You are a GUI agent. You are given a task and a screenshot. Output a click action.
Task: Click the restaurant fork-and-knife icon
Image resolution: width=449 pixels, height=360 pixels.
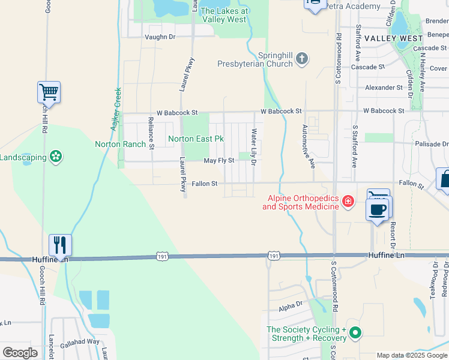point(60,245)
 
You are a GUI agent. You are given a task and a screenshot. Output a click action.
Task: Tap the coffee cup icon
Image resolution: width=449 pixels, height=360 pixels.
point(377,209)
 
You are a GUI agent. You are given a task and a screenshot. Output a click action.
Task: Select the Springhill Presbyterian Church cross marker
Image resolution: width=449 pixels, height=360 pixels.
point(302,59)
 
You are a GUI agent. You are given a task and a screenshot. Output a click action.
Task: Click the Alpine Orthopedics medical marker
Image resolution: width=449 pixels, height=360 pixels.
point(348,200)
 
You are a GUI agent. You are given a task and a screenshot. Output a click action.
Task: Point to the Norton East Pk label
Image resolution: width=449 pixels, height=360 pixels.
point(196,139)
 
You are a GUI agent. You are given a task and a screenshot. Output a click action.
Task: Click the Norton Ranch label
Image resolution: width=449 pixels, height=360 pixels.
point(120,144)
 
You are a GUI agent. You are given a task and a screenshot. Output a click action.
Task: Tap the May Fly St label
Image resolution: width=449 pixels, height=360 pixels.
point(218,161)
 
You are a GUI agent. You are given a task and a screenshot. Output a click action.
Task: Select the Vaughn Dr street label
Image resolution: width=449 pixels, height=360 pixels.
point(160,37)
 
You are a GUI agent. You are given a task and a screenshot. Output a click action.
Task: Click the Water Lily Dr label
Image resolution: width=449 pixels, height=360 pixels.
point(255,146)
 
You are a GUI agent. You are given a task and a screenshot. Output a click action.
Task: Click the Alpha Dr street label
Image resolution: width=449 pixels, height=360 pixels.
point(290,307)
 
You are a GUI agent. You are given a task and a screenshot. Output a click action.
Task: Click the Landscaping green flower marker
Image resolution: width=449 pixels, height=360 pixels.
point(56,157)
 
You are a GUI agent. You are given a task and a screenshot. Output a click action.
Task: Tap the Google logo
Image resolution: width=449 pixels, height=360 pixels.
point(20,353)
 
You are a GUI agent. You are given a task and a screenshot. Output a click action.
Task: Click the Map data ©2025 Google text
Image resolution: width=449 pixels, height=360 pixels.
point(411,355)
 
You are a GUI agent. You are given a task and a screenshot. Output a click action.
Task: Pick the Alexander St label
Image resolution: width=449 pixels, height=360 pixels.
point(384,88)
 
